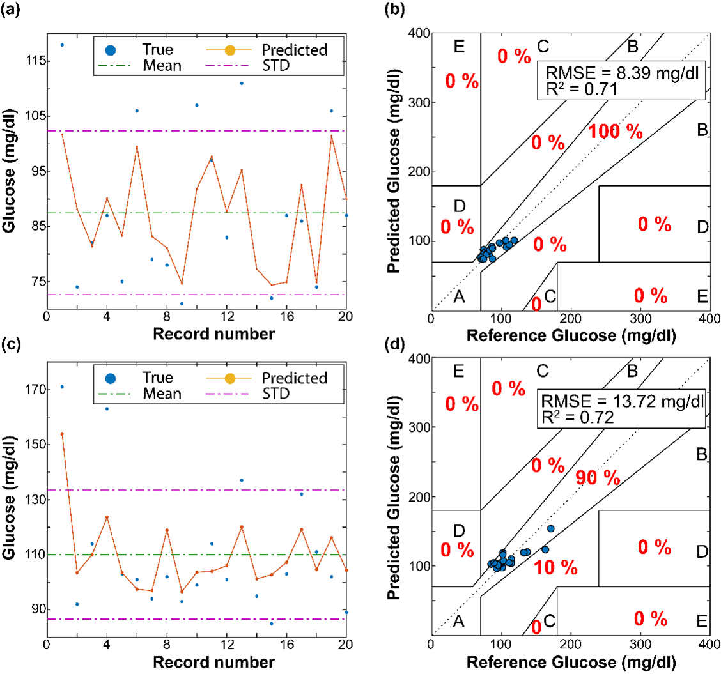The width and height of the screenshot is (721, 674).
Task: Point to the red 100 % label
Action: pos(615,132)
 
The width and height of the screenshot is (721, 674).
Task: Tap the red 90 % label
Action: pos(598,477)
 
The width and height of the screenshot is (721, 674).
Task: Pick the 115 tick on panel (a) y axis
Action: pos(32,61)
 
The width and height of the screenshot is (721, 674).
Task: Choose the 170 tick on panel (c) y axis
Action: pos(32,389)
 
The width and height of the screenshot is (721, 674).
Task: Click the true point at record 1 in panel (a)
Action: pos(62,45)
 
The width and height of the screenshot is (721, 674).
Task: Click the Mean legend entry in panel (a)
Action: pos(162,65)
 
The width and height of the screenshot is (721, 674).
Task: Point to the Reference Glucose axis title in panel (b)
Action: pos(570,333)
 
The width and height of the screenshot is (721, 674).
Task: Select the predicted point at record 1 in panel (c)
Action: pos(62,434)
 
